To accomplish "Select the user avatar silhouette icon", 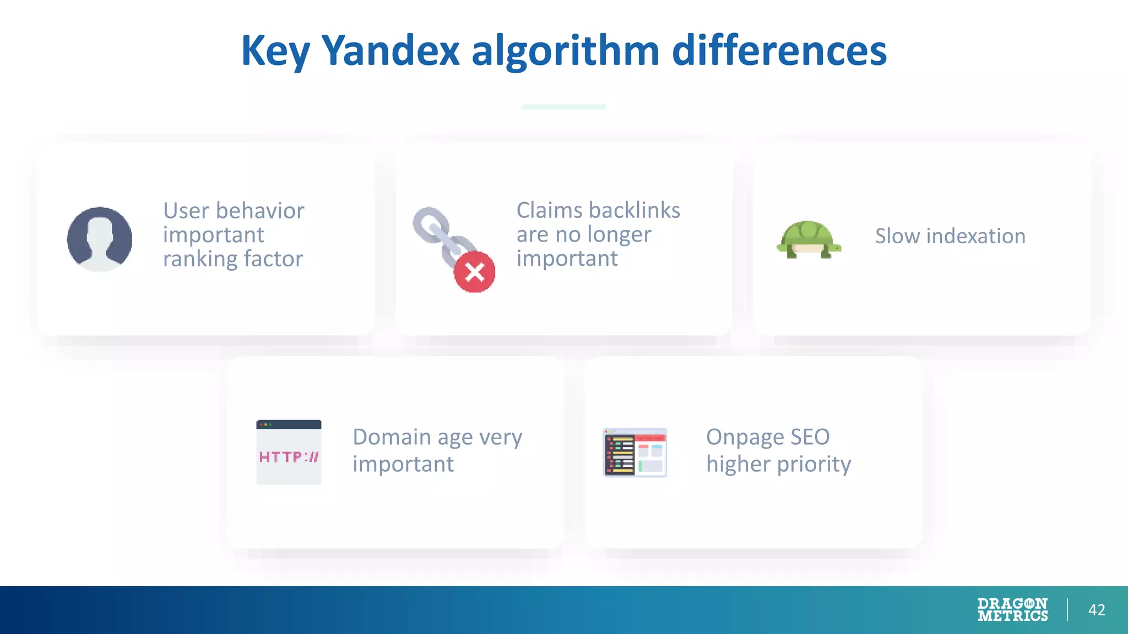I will [100, 239].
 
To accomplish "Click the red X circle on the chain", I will [474, 272].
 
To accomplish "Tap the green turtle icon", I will [809, 239].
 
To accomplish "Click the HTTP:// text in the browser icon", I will [289, 457].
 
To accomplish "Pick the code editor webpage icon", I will [634, 452].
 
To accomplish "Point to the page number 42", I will [1096, 610].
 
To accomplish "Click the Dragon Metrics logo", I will [1012, 610].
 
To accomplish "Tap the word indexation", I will [976, 236].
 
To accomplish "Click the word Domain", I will [392, 437].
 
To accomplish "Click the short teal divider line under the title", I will [563, 107].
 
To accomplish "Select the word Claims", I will [549, 210].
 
